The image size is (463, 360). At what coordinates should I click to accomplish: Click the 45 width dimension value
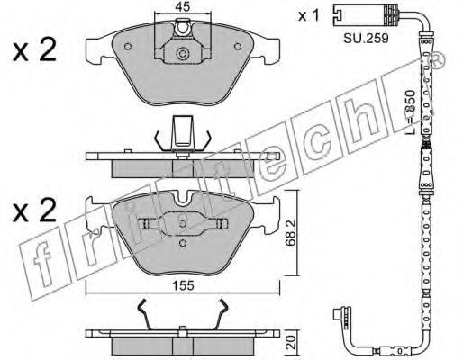coord(183,6)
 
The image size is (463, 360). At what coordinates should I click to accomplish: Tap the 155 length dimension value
coord(184,285)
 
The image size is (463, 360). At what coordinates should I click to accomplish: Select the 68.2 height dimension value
coord(290,233)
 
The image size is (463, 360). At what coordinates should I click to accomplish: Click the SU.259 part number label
coord(366,38)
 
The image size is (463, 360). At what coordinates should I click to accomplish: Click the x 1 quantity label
coord(308,15)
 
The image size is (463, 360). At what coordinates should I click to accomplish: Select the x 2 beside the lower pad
coord(34,210)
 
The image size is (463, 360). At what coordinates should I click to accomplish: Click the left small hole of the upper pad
coord(128,47)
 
